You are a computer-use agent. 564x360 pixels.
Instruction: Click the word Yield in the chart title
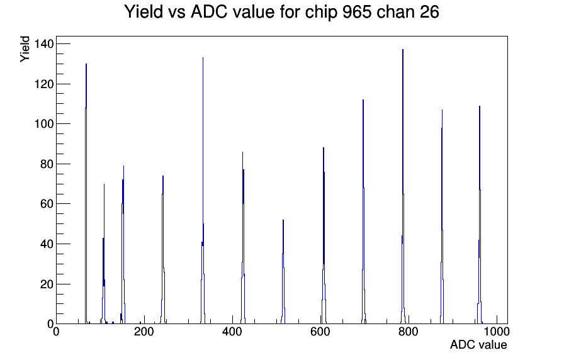click(x=144, y=12)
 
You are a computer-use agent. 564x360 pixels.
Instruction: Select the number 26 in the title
click(x=429, y=12)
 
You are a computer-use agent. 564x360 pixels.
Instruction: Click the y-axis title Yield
click(x=25, y=49)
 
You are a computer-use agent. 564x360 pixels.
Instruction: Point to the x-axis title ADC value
click(x=478, y=344)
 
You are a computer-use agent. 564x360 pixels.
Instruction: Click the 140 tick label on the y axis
click(x=43, y=44)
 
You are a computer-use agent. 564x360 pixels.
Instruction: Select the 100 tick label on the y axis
click(x=43, y=124)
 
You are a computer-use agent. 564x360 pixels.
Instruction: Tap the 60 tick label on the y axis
click(x=47, y=204)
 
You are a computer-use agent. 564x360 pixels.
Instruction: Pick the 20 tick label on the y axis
click(x=47, y=284)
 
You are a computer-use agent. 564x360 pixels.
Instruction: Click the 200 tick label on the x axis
click(x=144, y=331)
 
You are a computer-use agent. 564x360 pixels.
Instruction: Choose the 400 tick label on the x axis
click(x=232, y=331)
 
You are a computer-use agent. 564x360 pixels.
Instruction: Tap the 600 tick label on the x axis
click(x=320, y=331)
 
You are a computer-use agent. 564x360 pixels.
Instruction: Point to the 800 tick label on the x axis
click(x=409, y=331)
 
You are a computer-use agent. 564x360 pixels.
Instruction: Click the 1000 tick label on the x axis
click(x=497, y=331)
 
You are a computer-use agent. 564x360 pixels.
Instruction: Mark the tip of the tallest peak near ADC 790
click(x=403, y=49)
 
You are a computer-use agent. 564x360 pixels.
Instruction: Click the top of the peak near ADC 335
click(x=203, y=57)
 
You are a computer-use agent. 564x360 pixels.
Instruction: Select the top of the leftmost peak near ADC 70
click(x=86, y=64)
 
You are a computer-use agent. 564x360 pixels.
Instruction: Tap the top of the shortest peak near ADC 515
click(x=283, y=220)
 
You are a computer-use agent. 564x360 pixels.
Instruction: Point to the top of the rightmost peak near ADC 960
click(x=480, y=106)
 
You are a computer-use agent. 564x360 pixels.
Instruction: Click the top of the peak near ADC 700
click(x=363, y=99)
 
